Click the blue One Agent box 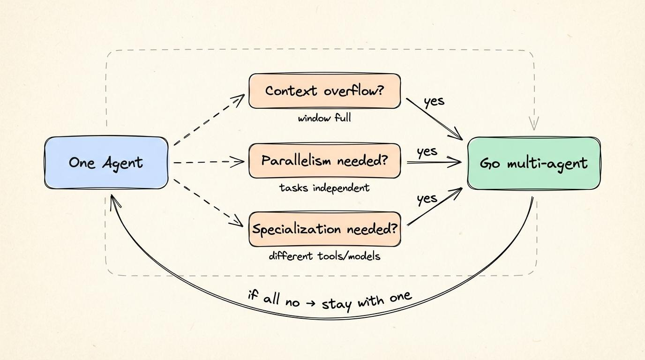[106, 163]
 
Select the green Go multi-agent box [533, 163]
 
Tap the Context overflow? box [324, 90]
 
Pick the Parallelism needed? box [324, 161]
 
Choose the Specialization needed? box [324, 229]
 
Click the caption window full [324, 118]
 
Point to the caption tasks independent [324, 188]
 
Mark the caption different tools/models [324, 256]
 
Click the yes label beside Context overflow [434, 101]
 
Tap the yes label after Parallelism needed [427, 151]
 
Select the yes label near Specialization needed [427, 199]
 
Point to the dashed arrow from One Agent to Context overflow [209, 120]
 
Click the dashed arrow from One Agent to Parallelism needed [209, 162]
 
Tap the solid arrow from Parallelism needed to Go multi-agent [434, 162]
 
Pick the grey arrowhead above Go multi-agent [533, 124]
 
